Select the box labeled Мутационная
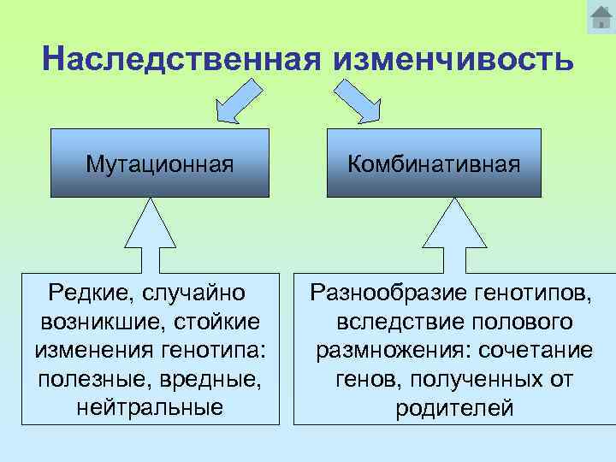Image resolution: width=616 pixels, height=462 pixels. click(x=160, y=163)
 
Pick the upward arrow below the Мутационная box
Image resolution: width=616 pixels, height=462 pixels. click(x=151, y=234)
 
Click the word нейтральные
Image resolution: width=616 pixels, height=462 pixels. click(x=150, y=406)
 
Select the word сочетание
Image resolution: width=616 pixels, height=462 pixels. click(x=536, y=350)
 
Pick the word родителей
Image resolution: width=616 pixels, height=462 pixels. click(x=454, y=408)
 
